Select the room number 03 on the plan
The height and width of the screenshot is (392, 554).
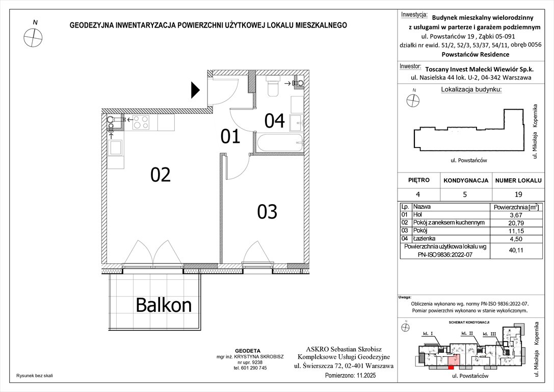pos(267,211)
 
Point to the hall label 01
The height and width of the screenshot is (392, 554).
pos(230,137)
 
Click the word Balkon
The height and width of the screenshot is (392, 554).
pos(164,305)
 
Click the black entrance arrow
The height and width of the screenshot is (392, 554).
pos(195,90)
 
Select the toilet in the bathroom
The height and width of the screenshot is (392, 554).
pos(273,86)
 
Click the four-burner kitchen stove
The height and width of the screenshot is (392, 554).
pos(141,122)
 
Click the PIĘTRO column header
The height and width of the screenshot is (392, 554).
pos(419,180)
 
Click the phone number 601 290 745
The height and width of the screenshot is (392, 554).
pos(250,368)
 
